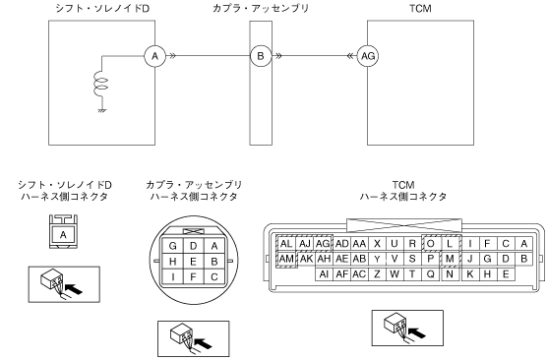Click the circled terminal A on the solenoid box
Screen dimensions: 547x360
(x=154, y=56)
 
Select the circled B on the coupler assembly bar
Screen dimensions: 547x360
(x=261, y=56)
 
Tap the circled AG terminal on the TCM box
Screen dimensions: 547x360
(x=368, y=56)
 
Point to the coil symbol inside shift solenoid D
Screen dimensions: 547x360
(x=100, y=84)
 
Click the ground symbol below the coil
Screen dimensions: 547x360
(x=102, y=111)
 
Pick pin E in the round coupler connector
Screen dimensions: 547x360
(x=193, y=262)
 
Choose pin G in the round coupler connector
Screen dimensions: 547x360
(x=173, y=246)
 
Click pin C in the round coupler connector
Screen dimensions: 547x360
(x=214, y=277)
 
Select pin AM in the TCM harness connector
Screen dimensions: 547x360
(x=286, y=259)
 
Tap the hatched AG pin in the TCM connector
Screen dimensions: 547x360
(x=323, y=244)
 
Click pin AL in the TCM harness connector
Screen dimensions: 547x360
(x=286, y=244)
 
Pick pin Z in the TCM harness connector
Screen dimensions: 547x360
(x=377, y=274)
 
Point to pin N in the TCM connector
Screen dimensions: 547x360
(x=450, y=274)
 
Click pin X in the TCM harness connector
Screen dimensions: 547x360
(x=377, y=244)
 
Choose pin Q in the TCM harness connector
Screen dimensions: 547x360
(x=431, y=274)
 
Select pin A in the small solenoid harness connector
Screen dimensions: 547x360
(x=63, y=234)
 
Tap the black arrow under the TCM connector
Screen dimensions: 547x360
(x=417, y=332)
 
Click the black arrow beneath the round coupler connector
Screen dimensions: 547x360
(x=203, y=343)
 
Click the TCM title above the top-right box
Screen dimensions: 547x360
(x=420, y=9)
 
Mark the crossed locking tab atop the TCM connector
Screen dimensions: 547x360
(x=404, y=225)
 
